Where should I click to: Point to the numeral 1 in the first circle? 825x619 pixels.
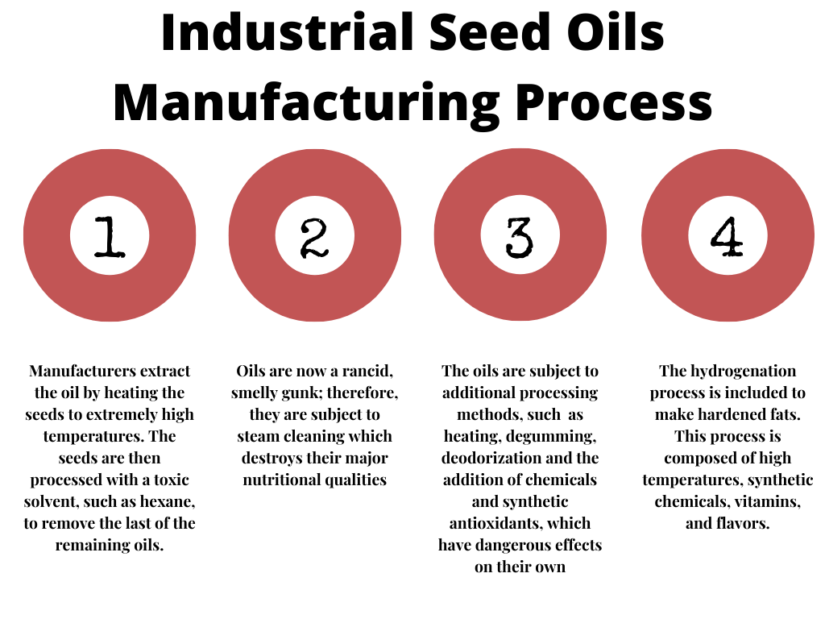point(110,237)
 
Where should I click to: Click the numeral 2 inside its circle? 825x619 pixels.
point(315,238)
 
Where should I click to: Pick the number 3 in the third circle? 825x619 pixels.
point(520,238)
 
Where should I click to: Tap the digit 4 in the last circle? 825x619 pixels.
point(727,236)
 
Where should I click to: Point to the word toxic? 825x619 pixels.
point(172,480)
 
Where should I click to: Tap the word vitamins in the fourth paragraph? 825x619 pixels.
point(768,501)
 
